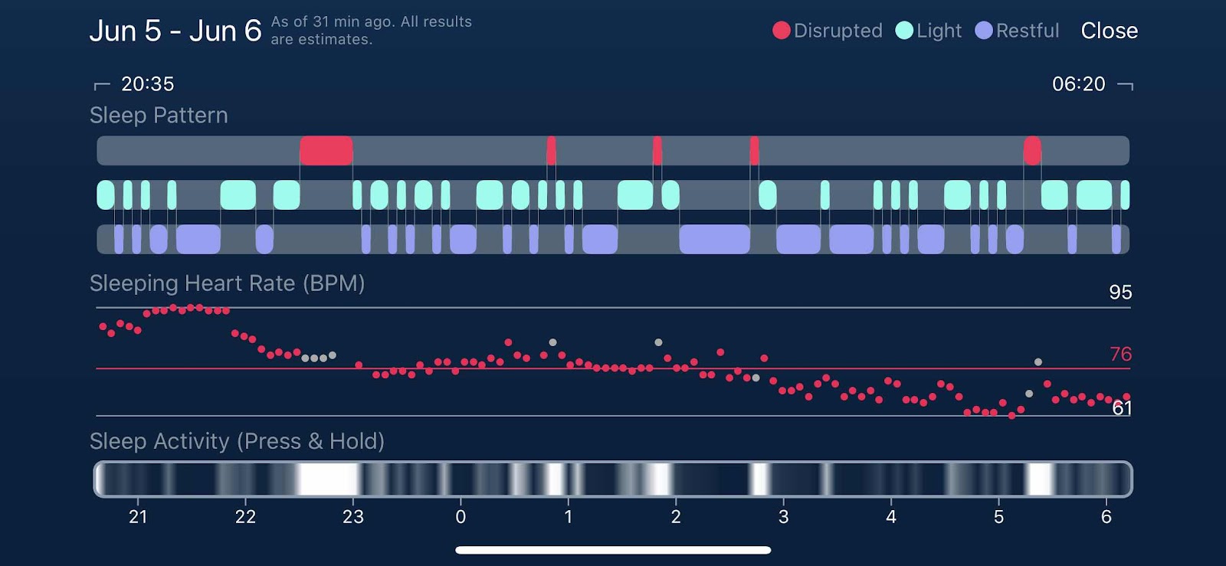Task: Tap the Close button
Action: (x=1109, y=31)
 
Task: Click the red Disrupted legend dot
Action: (x=781, y=31)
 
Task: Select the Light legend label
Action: (x=939, y=31)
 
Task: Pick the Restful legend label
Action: (x=1027, y=31)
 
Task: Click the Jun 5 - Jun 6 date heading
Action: (x=175, y=31)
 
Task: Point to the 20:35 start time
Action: (x=148, y=83)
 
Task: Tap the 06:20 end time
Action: (x=1078, y=83)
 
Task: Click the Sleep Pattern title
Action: (x=159, y=115)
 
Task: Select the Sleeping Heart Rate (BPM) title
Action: (x=227, y=283)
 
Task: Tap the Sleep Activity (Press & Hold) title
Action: (x=237, y=441)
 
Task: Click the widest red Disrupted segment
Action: (x=326, y=151)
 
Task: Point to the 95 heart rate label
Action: (x=1120, y=292)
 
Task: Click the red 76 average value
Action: (x=1120, y=354)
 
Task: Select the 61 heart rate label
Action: (x=1122, y=408)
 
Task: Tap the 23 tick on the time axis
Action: (x=353, y=517)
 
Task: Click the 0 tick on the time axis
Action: (x=461, y=517)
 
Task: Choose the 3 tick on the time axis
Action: (x=783, y=517)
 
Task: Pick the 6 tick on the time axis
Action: (x=1106, y=517)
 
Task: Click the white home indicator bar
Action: (x=613, y=550)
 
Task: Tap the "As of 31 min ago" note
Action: (x=371, y=31)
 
